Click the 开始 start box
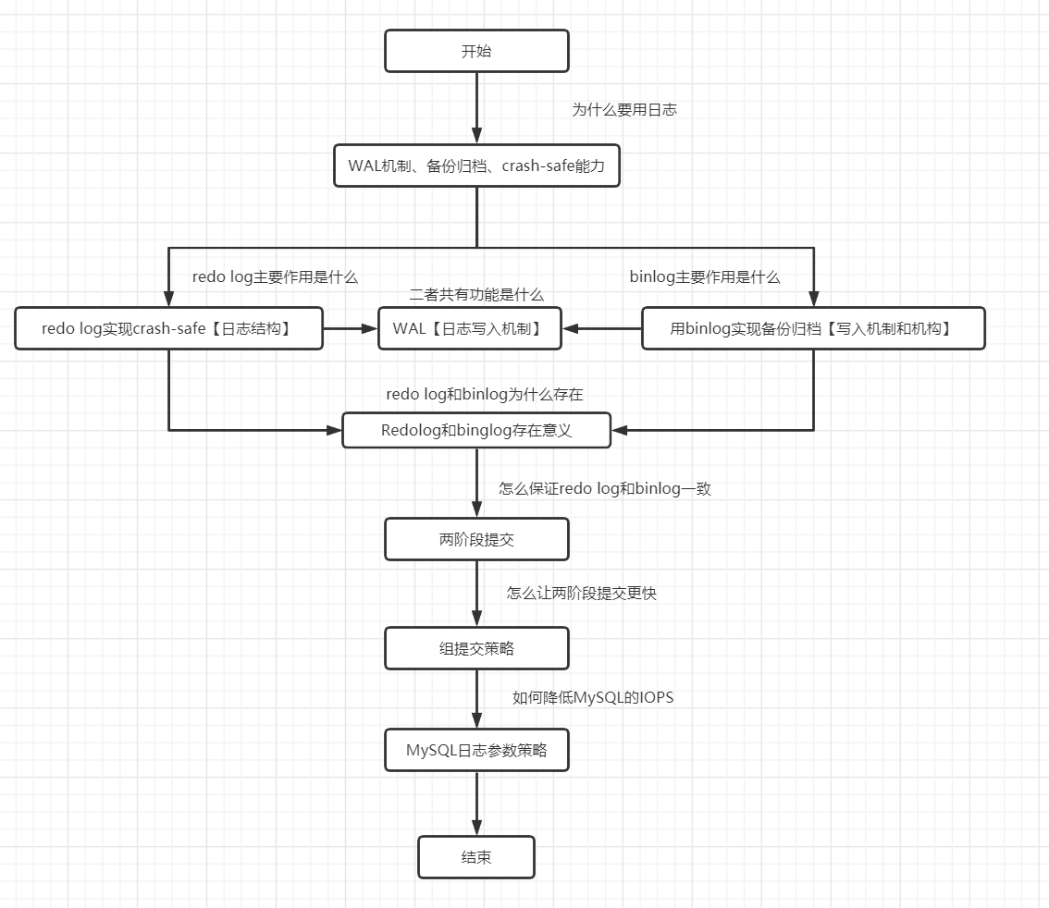click(476, 51)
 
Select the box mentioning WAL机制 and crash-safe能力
click(476, 166)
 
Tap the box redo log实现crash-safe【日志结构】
click(168, 328)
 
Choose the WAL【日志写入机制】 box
click(470, 328)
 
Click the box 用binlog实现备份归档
click(813, 328)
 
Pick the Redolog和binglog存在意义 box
click(476, 430)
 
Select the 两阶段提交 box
click(476, 539)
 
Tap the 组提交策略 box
click(476, 648)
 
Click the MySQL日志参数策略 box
click(476, 750)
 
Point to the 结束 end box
click(476, 857)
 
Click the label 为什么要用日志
click(624, 109)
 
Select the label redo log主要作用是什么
click(275, 276)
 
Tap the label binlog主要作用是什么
click(705, 276)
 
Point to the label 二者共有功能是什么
click(476, 294)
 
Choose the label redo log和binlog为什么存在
click(485, 394)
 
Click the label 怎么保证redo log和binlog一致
click(605, 488)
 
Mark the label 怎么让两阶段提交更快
click(582, 594)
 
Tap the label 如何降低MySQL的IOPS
click(593, 697)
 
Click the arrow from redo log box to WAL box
click(351, 328)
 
